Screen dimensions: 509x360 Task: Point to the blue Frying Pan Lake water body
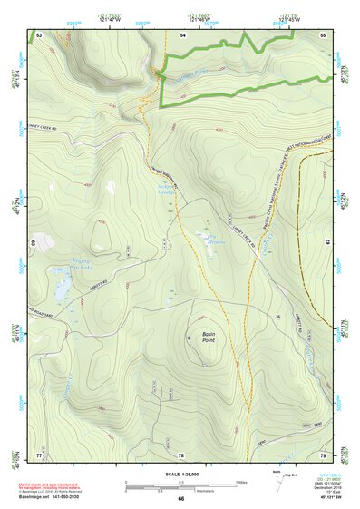click(x=62, y=290)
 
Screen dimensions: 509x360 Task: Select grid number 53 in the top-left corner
click(x=39, y=34)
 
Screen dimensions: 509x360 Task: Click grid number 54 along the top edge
click(x=182, y=34)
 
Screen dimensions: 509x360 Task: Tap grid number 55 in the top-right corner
click(x=323, y=34)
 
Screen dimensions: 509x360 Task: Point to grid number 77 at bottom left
click(x=39, y=454)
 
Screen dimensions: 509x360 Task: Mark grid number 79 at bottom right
click(x=323, y=454)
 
